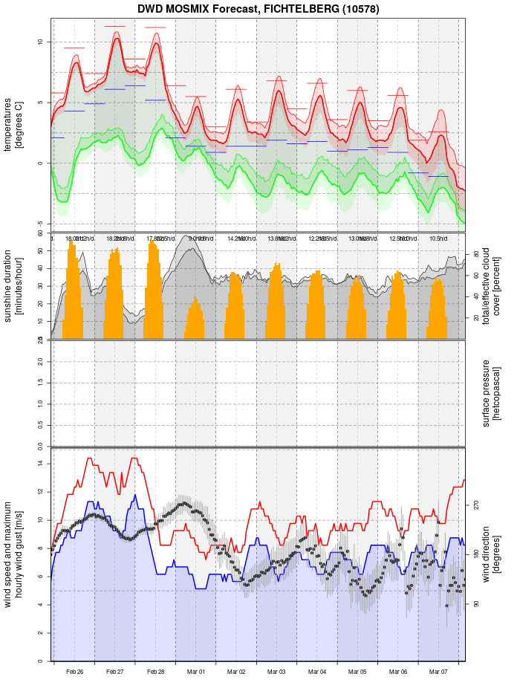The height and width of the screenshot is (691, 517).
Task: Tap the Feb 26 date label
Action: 74,672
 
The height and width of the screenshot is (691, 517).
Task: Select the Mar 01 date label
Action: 196,672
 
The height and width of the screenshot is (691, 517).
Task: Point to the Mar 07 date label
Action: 438,672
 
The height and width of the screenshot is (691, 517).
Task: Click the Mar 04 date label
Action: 317,672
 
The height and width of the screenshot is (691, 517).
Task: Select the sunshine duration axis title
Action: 13,286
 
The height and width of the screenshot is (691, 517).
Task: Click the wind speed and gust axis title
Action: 13,554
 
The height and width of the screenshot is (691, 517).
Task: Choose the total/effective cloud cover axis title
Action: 492,286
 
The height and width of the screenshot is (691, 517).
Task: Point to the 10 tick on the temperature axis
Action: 40,42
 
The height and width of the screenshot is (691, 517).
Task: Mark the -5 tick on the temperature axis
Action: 40,224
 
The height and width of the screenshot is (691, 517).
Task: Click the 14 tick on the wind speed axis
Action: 40,464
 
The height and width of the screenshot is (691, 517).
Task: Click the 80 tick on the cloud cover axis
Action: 475,253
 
